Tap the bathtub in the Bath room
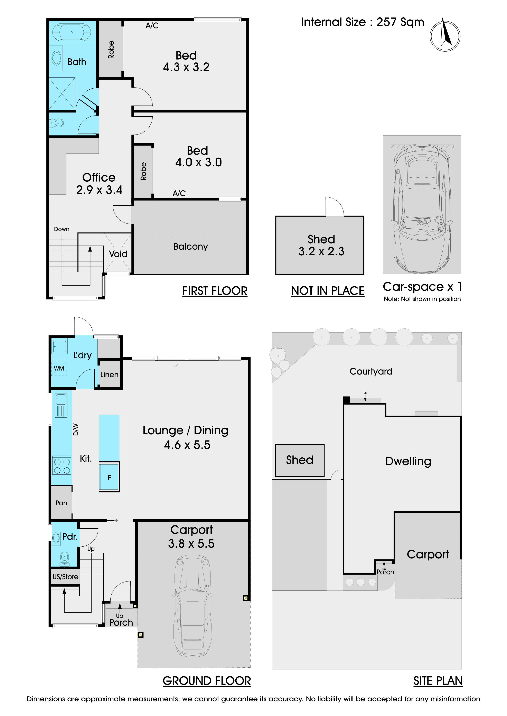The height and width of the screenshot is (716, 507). (72, 32)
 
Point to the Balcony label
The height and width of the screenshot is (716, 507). (190, 247)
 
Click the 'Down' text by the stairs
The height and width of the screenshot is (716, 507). (62, 229)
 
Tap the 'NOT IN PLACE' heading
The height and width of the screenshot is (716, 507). (328, 291)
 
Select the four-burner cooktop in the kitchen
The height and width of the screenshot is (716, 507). (62, 465)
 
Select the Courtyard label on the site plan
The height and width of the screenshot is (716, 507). (371, 371)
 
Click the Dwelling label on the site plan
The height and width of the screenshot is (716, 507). (408, 461)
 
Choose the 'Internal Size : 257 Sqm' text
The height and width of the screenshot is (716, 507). (363, 22)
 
